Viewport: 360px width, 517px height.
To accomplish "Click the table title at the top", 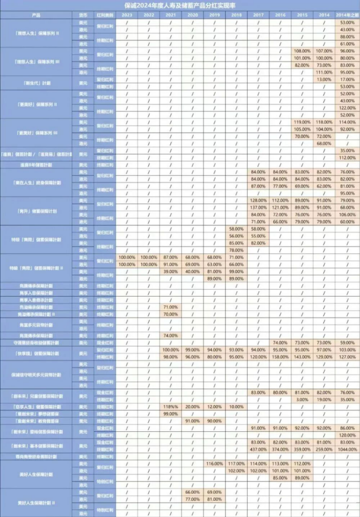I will coord(180,5).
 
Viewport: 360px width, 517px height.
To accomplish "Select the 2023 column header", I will coord(127,16).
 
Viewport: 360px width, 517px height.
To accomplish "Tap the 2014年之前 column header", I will coord(346,16).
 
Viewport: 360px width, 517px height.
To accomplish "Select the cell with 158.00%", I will coord(280,357).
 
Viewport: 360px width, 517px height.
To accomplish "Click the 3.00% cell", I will coord(302,399).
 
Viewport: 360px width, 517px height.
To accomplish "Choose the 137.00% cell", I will coord(259,207).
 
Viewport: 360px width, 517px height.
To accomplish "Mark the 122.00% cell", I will coord(346,108).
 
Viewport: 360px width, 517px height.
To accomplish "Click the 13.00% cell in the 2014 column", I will coord(324,79).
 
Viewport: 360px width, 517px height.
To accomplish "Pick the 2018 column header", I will coord(237,16).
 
